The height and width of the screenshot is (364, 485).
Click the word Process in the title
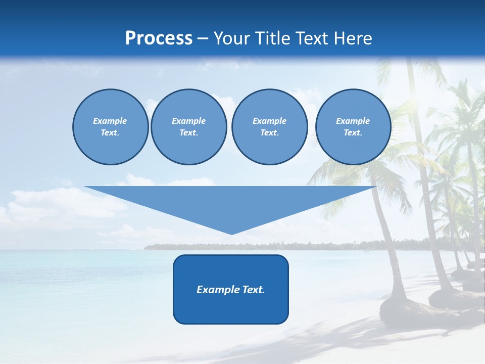(159, 38)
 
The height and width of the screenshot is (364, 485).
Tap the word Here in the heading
(352, 38)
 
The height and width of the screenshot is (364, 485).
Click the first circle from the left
(110, 126)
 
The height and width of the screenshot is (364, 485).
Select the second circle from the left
(188, 126)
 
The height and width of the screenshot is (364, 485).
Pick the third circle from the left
(269, 126)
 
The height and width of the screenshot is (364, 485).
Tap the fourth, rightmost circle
(353, 126)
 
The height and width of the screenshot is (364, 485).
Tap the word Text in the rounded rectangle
(253, 290)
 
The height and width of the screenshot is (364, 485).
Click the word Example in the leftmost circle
(110, 121)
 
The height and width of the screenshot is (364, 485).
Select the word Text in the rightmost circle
(353, 132)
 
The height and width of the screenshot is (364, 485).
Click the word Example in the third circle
(269, 121)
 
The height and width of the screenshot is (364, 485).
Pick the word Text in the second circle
(188, 132)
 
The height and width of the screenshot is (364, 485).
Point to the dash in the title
(203, 39)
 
